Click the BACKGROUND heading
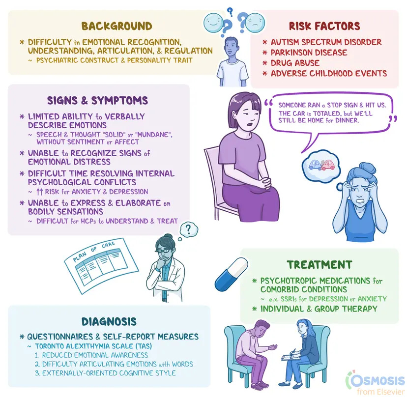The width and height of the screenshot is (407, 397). pos(116,26)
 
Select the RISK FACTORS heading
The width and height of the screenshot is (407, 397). pos(325,26)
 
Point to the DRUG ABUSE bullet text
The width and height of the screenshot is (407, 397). pos(294,63)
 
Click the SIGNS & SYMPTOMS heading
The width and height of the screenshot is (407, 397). pos(97,101)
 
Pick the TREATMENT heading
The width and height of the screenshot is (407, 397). pos(320,264)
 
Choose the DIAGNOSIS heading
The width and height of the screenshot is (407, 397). pos(109,322)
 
